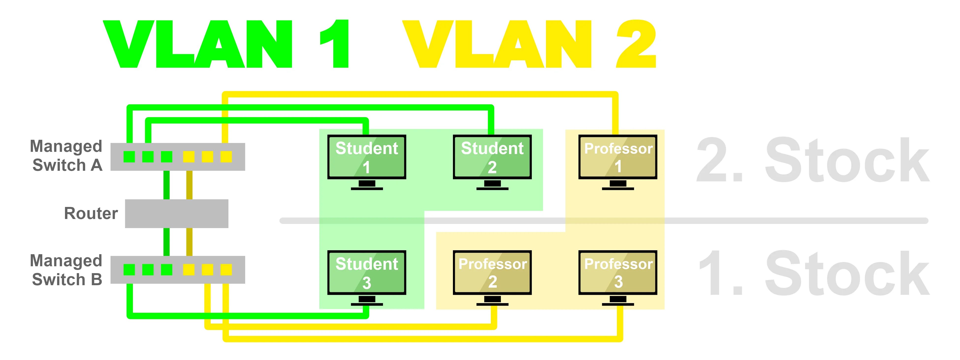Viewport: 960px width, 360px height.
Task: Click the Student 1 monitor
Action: (x=367, y=157)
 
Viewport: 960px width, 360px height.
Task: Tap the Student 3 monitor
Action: (x=367, y=273)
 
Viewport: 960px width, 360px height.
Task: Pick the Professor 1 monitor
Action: (x=618, y=157)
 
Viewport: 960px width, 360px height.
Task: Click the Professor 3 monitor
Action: (x=618, y=273)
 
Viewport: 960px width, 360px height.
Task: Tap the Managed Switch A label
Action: (x=66, y=156)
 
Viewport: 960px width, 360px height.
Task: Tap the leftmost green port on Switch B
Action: (x=129, y=269)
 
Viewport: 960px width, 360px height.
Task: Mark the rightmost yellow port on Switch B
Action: (x=226, y=269)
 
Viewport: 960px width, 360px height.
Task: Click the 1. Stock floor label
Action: (x=812, y=274)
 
